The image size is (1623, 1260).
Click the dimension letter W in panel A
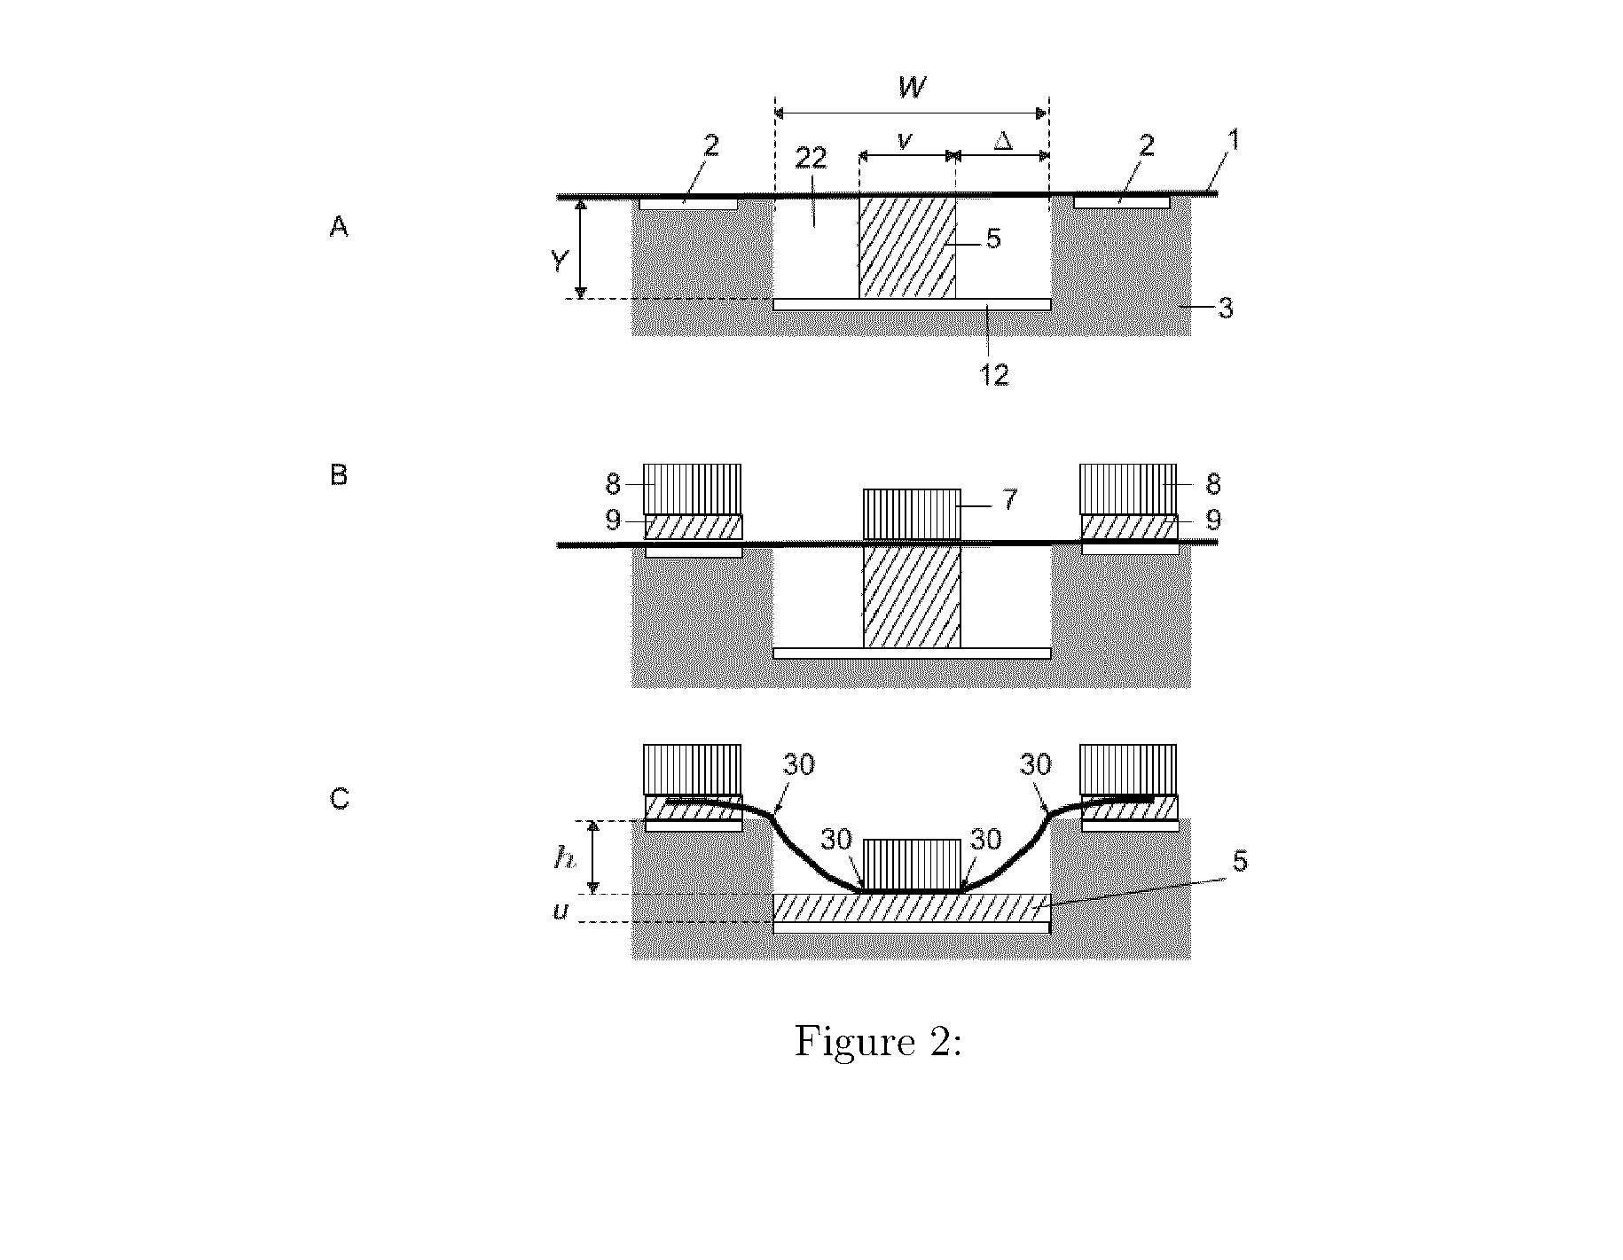click(912, 87)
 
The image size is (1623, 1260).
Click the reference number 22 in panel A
click(811, 159)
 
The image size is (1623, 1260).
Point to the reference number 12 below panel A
click(995, 375)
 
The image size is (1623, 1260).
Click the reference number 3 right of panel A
click(1225, 309)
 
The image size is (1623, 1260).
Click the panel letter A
click(339, 228)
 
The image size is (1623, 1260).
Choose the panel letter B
click(339, 475)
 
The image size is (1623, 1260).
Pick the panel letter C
click(340, 799)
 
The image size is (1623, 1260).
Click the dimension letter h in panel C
click(563, 857)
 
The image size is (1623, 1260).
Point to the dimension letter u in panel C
click(561, 911)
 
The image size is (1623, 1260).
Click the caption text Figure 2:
click(878, 1041)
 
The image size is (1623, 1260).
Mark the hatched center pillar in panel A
click(907, 247)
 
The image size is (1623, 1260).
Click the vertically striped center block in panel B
click(912, 514)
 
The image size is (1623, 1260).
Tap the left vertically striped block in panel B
click(692, 489)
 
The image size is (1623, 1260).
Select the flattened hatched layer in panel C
click(912, 908)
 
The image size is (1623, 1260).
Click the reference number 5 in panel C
click(1241, 861)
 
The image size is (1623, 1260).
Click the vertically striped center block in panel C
click(912, 865)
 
